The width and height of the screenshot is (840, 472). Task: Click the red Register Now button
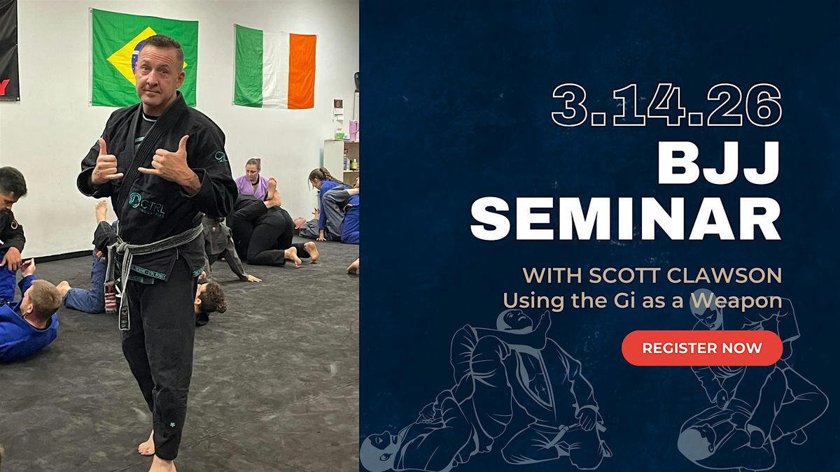pos(702,348)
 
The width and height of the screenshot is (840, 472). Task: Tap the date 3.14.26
pos(666,106)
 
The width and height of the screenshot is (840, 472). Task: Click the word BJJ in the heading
pos(720,163)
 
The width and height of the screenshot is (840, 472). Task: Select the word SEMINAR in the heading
pos(626,219)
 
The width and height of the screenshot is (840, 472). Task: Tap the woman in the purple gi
pos(253,179)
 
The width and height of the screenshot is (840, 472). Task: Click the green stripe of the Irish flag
pos(248,66)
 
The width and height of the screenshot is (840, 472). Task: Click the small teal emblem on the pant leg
pos(173,425)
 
